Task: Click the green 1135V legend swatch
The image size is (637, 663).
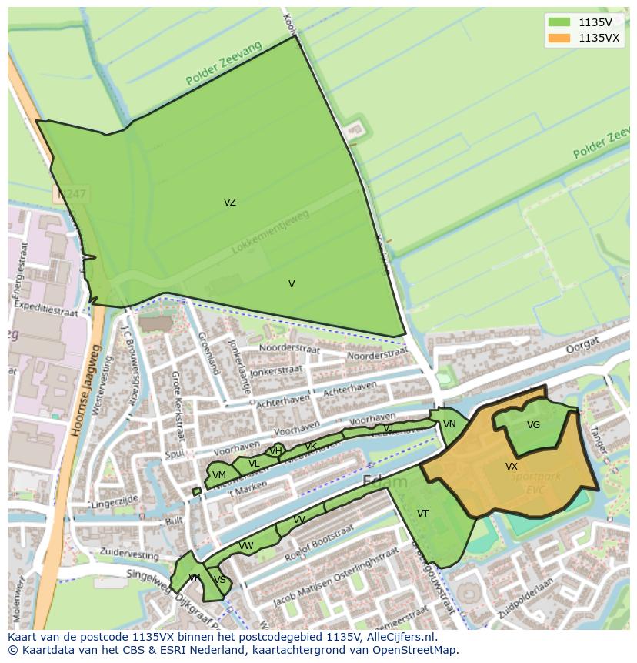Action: (x=559, y=22)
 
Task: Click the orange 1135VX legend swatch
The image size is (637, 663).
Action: (x=559, y=38)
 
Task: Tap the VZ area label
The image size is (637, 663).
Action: (x=229, y=203)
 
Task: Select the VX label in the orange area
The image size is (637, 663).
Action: (x=512, y=467)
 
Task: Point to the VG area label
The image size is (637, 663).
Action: (x=533, y=425)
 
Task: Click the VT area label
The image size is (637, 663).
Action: (x=422, y=514)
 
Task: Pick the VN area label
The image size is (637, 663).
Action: (x=449, y=424)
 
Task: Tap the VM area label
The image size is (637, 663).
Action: (x=219, y=475)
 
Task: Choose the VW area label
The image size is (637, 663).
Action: (x=246, y=546)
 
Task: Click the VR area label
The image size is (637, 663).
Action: (x=194, y=578)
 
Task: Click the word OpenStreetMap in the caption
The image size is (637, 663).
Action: (x=416, y=650)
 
